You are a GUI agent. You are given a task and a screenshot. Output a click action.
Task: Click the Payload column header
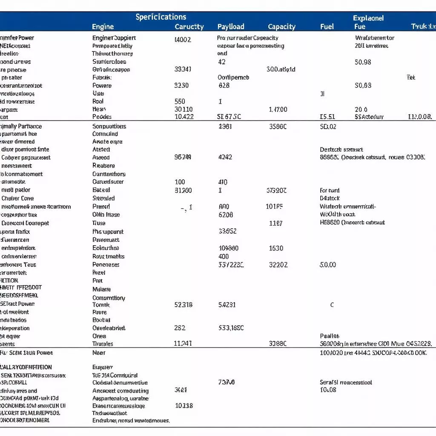[x=231, y=27]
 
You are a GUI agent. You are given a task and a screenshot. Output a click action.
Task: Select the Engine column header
[x=103, y=27]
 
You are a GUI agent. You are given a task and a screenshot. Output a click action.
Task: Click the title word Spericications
[x=161, y=17]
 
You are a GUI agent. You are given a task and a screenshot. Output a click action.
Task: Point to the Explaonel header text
[x=368, y=18]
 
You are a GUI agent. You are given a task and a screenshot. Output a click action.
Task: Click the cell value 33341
[x=183, y=69]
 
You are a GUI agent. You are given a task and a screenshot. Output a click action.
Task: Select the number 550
[x=180, y=101]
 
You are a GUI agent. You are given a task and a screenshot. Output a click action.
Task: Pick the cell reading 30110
[x=184, y=109]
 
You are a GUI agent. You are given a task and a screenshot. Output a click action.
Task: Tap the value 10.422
[x=184, y=117]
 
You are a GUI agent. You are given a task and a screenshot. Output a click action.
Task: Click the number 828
[x=224, y=86]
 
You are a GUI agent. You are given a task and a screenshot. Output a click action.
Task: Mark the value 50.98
[x=363, y=62]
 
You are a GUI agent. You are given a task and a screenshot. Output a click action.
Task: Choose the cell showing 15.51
[x=327, y=117]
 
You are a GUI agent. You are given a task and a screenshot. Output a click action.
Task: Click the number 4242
[x=225, y=157]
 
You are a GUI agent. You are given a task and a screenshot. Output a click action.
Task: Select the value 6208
[x=226, y=215]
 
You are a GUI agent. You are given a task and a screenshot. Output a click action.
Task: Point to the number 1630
[x=276, y=248]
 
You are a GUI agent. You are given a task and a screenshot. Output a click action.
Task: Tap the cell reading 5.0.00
[x=327, y=265]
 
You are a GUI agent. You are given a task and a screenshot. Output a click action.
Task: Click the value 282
[x=180, y=328]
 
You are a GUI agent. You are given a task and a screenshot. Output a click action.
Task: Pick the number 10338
[x=184, y=406]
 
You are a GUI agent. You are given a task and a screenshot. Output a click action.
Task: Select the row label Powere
[x=102, y=86]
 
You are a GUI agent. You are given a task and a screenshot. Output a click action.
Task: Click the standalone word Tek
[x=411, y=77]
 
